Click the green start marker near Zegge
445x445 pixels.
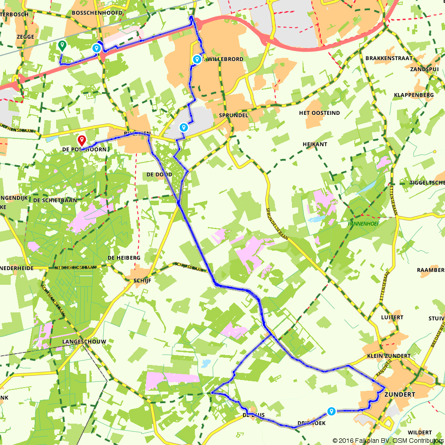click(x=62, y=45)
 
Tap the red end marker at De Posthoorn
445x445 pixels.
click(x=82, y=141)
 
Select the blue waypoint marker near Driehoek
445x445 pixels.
click(x=331, y=411)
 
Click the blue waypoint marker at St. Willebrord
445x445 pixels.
click(x=197, y=59)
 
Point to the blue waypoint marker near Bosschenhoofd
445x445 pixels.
click(x=96, y=48)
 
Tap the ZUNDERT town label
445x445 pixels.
click(x=401, y=395)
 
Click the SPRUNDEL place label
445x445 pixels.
click(x=233, y=115)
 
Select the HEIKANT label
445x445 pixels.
click(x=315, y=145)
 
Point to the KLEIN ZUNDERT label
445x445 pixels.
click(x=388, y=356)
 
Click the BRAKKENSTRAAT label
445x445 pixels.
click(x=388, y=58)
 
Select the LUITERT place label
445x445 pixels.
click(x=392, y=317)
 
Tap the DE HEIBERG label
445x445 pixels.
click(x=124, y=258)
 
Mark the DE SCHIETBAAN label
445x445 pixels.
click(x=55, y=200)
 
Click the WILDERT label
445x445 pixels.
click(x=419, y=433)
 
